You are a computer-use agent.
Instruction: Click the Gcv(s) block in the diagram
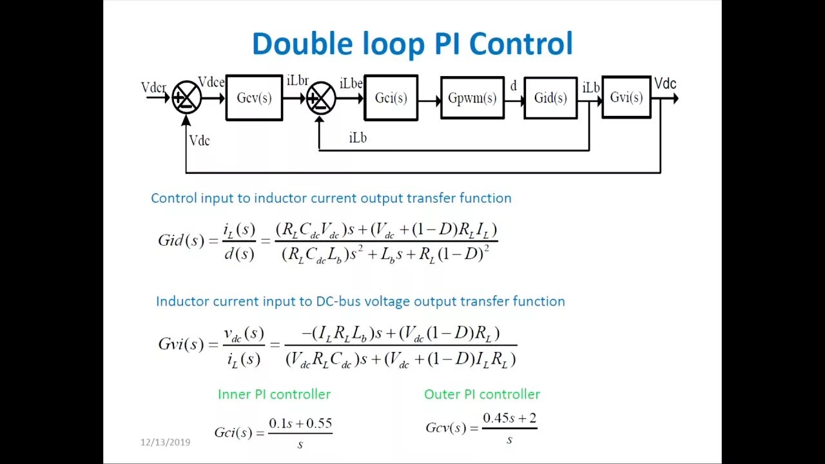tap(254, 98)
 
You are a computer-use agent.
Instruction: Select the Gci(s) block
tap(391, 98)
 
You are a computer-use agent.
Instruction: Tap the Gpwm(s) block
tap(472, 98)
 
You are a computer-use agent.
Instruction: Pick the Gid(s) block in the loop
tap(550, 98)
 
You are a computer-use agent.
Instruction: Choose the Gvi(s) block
tap(626, 97)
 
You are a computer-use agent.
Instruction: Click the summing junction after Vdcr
tap(187, 98)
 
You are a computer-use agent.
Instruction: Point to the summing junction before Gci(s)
tap(321, 99)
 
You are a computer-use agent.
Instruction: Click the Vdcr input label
tap(153, 87)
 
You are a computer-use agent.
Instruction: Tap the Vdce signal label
tap(211, 82)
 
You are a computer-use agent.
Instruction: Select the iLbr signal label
tap(297, 81)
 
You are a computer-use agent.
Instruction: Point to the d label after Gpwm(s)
tap(514, 86)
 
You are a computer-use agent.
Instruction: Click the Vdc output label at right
tap(665, 84)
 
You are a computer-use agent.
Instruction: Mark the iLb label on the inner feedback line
tap(358, 137)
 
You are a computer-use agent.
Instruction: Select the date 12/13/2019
tap(166, 442)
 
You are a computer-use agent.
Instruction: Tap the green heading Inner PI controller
tap(274, 394)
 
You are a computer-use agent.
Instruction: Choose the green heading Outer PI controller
tap(482, 394)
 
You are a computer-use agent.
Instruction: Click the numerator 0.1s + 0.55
tap(300, 423)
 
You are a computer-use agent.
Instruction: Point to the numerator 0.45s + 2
tap(509, 418)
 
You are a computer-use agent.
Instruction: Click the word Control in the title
tap(521, 44)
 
